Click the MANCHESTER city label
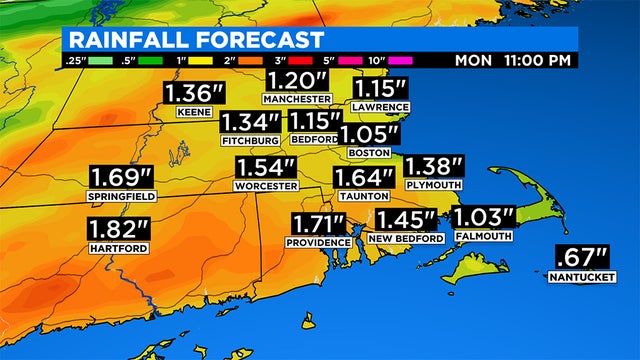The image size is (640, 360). tap(296, 100)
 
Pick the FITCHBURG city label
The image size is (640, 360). tap(250, 141)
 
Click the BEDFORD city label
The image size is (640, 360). tap(313, 141)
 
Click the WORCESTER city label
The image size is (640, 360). tap(266, 187)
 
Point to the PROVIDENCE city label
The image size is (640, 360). tap(317, 243)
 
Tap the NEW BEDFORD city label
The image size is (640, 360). tap(406, 239)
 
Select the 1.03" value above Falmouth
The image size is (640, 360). tap(484, 218)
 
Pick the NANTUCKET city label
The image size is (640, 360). tap(581, 275)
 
